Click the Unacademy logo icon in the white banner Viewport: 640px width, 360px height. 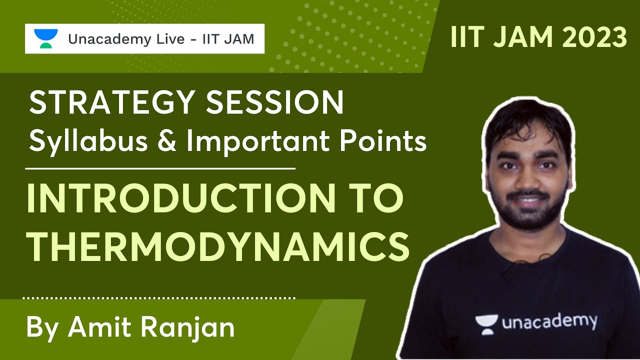pyautogui.click(x=45, y=38)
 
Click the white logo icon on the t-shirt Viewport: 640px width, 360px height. pyautogui.click(x=486, y=324)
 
